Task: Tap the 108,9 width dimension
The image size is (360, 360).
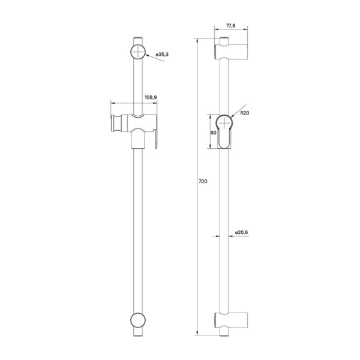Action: (151, 97)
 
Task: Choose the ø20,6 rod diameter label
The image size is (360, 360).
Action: (242, 232)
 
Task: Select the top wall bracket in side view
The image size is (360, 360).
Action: (232, 52)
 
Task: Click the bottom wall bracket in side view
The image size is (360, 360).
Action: (232, 321)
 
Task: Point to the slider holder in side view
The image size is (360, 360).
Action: (226, 131)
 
